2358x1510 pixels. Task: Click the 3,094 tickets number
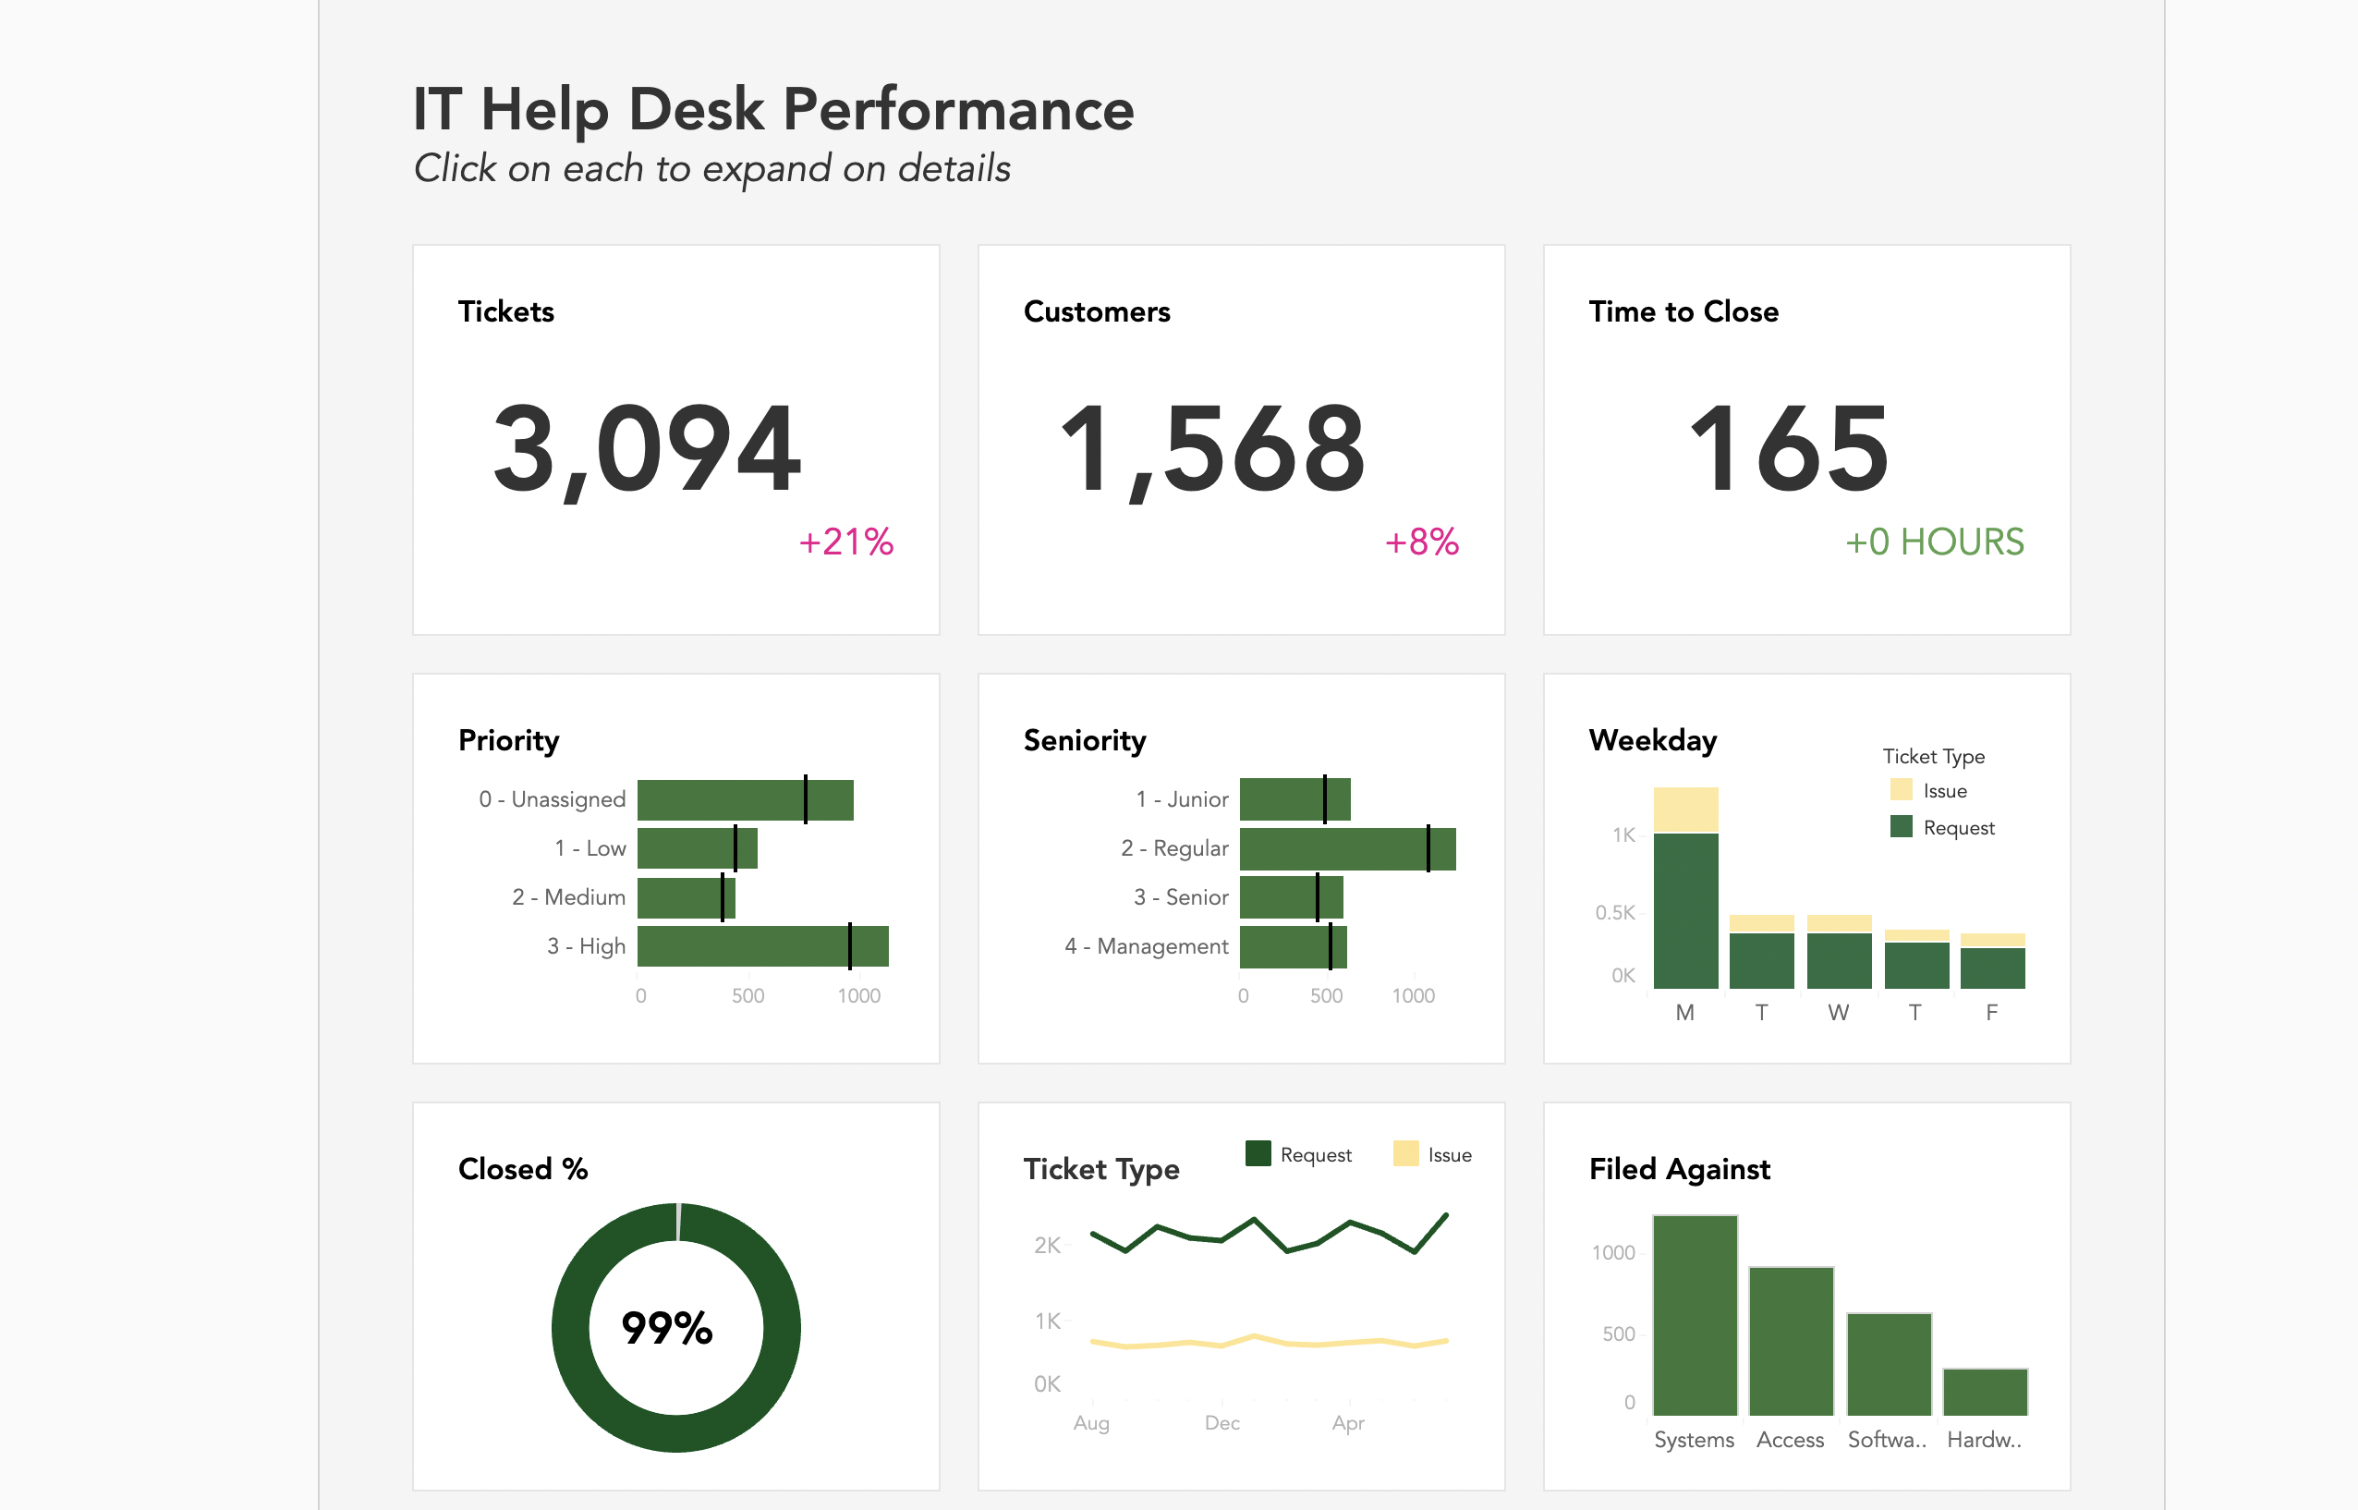coord(647,449)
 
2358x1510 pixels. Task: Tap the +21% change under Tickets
coord(846,542)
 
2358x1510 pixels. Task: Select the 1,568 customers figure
coord(1213,449)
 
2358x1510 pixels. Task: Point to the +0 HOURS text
coord(1934,542)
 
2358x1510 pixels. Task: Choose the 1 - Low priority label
coord(589,848)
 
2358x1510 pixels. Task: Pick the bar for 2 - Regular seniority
coord(1346,849)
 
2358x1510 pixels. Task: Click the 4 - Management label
coord(1145,946)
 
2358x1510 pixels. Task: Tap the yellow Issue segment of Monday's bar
coord(1685,810)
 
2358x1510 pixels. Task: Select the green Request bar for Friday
coord(1992,968)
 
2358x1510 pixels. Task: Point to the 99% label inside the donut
coord(667,1328)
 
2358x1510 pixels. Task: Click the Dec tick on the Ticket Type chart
coord(1222,1423)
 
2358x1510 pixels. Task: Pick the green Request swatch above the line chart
coord(1258,1154)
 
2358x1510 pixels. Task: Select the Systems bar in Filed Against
coord(1695,1315)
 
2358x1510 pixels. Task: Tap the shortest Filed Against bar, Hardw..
coord(1985,1392)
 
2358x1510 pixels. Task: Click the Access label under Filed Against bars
coord(1790,1440)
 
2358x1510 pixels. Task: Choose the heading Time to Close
coord(1683,311)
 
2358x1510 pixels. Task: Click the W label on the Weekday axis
coord(1838,1013)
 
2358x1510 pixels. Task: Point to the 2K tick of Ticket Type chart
coord(1046,1246)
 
